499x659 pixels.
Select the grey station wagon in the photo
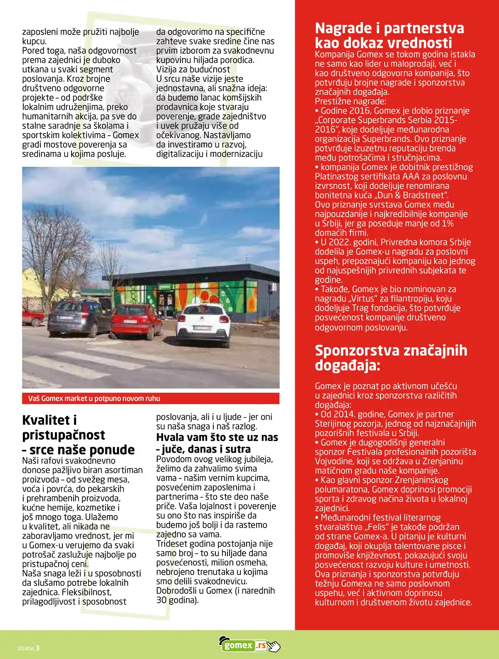[x=79, y=317]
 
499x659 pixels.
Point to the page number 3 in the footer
[x=37, y=648]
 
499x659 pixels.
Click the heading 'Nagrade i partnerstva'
[x=389, y=28]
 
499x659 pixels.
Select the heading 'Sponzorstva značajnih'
[x=391, y=350]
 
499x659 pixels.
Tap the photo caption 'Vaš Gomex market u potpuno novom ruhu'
[x=94, y=399]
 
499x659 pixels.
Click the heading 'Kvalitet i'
[x=49, y=420]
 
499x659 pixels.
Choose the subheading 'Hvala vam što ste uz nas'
[x=217, y=437]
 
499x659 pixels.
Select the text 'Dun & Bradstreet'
[x=412, y=195]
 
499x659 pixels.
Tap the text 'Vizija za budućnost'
[x=193, y=69]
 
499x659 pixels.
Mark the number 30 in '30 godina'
[x=161, y=600]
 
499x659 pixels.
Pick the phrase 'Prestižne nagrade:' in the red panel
[x=351, y=102]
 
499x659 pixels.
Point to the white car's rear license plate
[x=202, y=328]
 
